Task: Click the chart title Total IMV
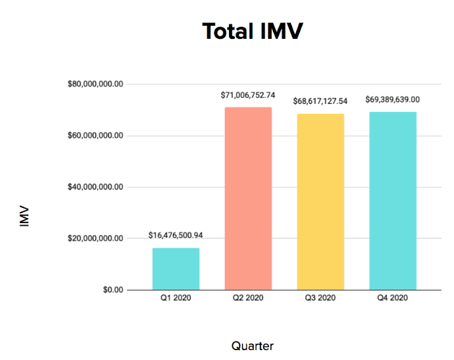point(253,31)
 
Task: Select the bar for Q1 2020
point(176,269)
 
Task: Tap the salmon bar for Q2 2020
point(248,198)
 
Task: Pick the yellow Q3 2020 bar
point(320,201)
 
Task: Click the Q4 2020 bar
point(393,200)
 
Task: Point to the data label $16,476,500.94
point(176,235)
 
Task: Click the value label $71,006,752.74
point(248,95)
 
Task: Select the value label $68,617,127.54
point(320,101)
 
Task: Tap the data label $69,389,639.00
point(393,99)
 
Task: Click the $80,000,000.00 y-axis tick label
point(95,84)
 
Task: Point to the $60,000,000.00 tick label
point(95,136)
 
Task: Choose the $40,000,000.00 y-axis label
point(95,187)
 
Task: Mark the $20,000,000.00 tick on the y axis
point(95,238)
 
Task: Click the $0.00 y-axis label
point(112,290)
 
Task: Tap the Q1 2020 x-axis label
point(176,298)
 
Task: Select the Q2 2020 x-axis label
point(248,298)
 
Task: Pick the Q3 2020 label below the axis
point(320,298)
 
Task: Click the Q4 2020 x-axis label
point(393,298)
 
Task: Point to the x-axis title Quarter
point(253,346)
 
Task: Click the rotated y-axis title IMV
point(25,218)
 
